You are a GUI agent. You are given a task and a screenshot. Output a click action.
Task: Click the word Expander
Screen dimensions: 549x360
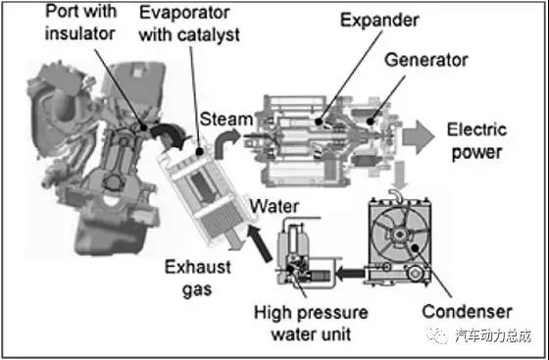pos(379,21)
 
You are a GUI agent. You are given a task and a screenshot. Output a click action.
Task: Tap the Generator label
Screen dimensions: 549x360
pos(426,60)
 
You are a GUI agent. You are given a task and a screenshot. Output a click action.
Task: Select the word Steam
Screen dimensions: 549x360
pos(226,119)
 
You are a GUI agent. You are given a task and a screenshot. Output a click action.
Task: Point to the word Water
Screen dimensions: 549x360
pos(274,206)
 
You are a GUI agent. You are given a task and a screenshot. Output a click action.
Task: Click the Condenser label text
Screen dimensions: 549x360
pos(467,311)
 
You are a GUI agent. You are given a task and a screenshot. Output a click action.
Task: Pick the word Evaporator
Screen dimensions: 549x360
pos(184,13)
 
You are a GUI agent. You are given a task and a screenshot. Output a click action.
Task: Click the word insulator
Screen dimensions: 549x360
pos(79,33)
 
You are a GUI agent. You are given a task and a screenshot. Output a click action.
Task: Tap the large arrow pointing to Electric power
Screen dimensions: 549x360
pos(418,136)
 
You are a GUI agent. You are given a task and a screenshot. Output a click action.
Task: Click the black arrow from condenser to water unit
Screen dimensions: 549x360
pos(350,273)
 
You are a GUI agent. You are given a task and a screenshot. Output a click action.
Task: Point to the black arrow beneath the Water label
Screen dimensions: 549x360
pos(260,243)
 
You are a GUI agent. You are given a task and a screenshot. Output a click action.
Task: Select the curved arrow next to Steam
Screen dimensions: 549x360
pos(225,142)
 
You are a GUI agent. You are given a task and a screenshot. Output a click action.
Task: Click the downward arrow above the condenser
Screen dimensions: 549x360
pos(400,175)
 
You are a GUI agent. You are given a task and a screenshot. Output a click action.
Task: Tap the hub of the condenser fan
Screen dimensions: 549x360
pos(398,233)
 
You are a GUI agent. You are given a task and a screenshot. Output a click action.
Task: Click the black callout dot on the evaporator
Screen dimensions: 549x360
pos(199,152)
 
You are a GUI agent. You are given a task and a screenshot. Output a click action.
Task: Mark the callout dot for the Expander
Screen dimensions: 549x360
pos(319,122)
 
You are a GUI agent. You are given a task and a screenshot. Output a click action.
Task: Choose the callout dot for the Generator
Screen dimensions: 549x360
pos(370,122)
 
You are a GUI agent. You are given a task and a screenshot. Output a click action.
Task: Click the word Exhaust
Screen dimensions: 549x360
pos(198,267)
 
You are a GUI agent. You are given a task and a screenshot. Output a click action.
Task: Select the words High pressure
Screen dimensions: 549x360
pos(311,313)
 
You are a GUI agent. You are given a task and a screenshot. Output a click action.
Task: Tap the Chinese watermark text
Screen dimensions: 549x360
pos(493,335)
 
